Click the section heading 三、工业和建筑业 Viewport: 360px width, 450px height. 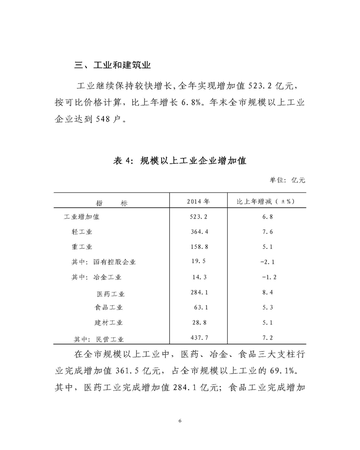[112, 65]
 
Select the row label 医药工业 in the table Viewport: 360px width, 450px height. [111, 294]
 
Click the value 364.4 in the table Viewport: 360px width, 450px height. [198, 232]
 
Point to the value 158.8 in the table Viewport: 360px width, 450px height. [198, 247]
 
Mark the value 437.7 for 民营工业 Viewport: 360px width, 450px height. [198, 337]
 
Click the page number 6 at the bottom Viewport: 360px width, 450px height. [180, 421]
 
